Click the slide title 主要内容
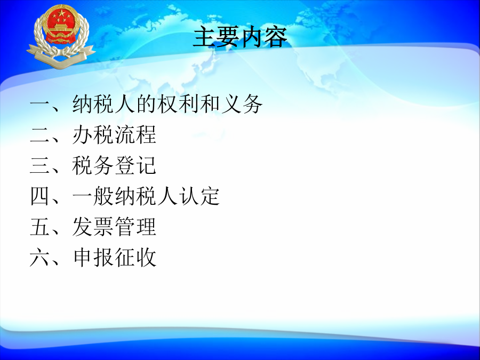point(241,36)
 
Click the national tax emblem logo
point(61,36)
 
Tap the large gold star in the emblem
point(61,13)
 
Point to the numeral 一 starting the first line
point(40,105)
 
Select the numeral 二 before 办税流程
point(40,135)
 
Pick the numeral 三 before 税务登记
point(40,165)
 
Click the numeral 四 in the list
point(40,196)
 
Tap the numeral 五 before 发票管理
point(40,227)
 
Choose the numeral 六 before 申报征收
point(40,257)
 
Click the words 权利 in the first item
point(178,104)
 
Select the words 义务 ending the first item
point(242,104)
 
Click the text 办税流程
point(114,135)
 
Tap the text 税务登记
point(114,165)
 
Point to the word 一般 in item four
point(93,196)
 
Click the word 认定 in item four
point(199,196)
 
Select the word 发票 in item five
point(93,227)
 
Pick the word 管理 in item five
point(135,227)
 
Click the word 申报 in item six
point(93,257)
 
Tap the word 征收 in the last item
point(135,257)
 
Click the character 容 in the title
point(276,37)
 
